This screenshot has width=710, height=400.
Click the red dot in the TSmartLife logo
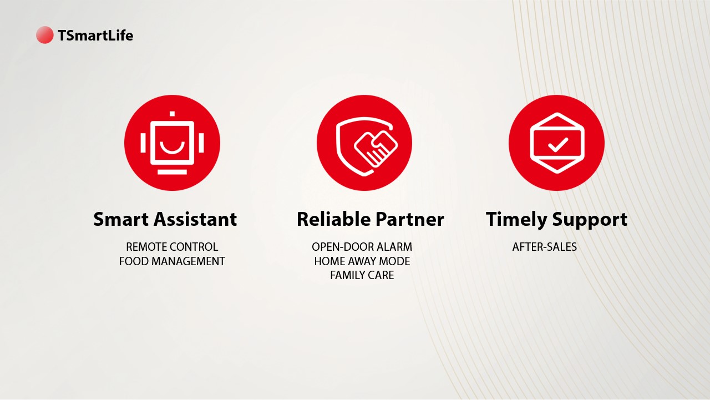45,35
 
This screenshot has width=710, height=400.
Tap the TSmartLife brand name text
95,35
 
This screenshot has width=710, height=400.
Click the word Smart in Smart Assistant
121,219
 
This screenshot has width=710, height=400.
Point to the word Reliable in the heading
333,219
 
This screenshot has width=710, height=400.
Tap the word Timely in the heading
516,220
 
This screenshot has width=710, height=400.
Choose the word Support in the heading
590,220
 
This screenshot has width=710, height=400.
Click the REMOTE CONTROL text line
172,246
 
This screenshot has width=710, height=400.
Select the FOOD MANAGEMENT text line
172,261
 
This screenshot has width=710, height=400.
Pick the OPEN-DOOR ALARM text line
362,246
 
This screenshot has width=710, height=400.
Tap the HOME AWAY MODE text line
362,261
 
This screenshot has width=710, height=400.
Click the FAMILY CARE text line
362,275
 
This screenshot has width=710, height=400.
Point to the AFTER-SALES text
545,246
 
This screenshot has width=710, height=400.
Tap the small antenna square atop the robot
172,114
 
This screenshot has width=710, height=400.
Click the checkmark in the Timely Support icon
558,145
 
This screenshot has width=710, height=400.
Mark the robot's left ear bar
143,143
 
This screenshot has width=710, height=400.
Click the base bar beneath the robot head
172,172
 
